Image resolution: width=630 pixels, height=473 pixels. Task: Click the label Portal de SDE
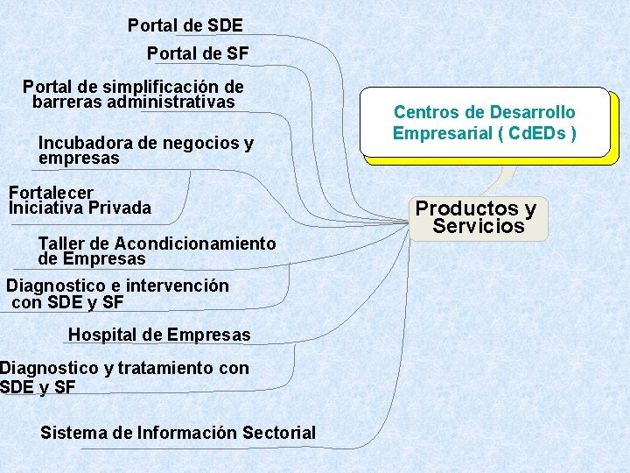pos(185,25)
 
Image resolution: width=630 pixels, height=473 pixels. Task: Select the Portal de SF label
pos(198,53)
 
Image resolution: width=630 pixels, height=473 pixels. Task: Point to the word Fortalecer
pos(51,192)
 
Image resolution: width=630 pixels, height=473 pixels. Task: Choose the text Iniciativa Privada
pos(80,208)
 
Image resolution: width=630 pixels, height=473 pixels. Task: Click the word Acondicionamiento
pos(195,243)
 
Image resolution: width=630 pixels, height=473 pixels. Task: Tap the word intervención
pos(178,286)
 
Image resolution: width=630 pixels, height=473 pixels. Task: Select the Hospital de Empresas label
pos(159,335)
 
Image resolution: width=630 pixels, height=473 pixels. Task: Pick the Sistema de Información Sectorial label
pos(178,432)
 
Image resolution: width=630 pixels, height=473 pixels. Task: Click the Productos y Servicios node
pos(476,217)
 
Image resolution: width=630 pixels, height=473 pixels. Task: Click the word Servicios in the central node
pos(479,226)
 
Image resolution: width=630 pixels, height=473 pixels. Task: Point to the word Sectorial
pos(279,432)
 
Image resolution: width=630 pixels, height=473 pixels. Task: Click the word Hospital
pos(104,335)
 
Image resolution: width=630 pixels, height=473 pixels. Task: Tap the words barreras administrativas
pos(134,102)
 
